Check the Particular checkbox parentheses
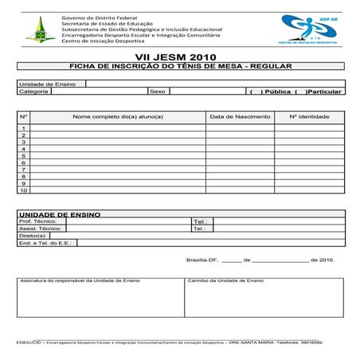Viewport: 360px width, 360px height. (x=300, y=92)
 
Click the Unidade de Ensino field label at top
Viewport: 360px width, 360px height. (x=47, y=84)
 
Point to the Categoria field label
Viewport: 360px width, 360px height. (x=34, y=92)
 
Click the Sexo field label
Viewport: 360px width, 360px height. (x=157, y=92)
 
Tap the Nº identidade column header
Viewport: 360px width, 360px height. (x=309, y=116)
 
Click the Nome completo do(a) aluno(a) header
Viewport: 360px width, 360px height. (x=117, y=116)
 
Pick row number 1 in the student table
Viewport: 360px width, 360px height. (x=24, y=127)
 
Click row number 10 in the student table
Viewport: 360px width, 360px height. (x=24, y=190)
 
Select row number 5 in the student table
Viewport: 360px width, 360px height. (x=24, y=155)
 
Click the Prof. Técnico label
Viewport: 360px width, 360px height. (x=37, y=221)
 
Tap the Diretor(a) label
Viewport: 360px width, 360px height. (x=33, y=235)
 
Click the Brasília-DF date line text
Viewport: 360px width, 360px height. (x=260, y=260)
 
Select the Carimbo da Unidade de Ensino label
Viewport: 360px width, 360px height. (x=225, y=281)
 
